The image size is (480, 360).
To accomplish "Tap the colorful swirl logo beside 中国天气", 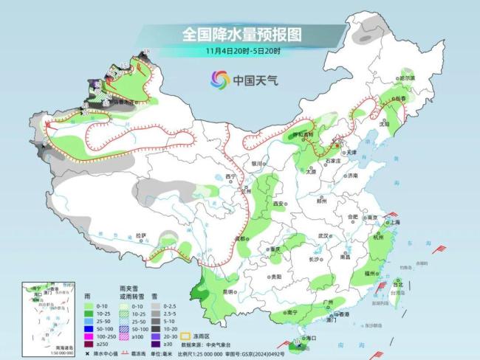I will tap(219, 79).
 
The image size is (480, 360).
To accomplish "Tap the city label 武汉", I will tap(322, 235).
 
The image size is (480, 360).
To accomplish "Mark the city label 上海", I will tap(392, 221).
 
